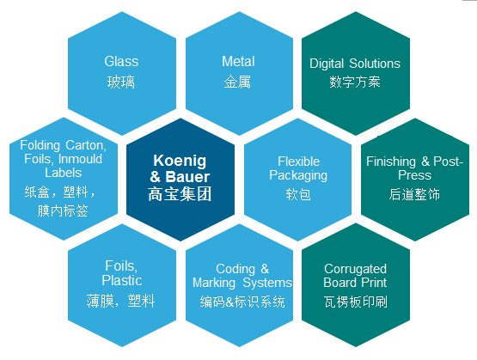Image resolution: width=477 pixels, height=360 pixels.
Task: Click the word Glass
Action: click(121, 61)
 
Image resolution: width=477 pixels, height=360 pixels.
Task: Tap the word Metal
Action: click(238, 61)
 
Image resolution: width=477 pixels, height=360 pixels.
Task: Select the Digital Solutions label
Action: click(355, 64)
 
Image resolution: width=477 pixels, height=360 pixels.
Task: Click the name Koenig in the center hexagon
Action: click(180, 161)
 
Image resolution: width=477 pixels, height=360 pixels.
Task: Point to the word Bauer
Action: click(187, 177)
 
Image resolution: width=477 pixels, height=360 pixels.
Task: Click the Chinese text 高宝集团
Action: click(180, 194)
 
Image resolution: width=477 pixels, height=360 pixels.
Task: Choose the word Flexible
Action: click(299, 162)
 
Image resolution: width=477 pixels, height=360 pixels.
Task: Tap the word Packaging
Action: click(298, 176)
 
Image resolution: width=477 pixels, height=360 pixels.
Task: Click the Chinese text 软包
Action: click(298, 194)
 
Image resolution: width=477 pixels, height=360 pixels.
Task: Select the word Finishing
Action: click(391, 162)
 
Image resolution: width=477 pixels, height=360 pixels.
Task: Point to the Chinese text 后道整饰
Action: click(414, 194)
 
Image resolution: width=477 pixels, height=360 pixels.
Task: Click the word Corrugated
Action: click(355, 269)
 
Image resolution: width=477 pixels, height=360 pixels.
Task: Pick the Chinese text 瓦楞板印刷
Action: click(355, 302)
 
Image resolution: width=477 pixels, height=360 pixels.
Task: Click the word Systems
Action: click(267, 283)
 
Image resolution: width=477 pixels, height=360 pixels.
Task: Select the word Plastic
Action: click(122, 280)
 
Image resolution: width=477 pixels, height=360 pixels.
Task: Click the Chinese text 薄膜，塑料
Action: click(121, 301)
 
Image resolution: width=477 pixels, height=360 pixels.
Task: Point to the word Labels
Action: click(64, 173)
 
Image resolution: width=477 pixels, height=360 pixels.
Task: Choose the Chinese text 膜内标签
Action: click(63, 211)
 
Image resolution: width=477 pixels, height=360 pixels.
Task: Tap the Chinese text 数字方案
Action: click(355, 82)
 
